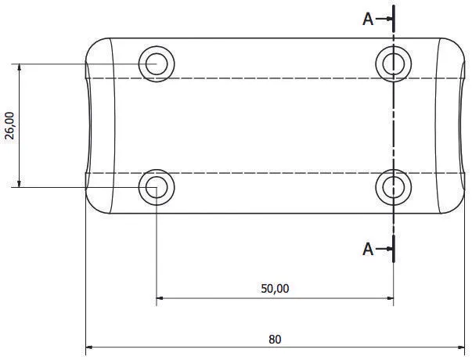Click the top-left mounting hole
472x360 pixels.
tap(157, 63)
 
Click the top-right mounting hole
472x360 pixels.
tap(393, 63)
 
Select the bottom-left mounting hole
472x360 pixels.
tap(157, 187)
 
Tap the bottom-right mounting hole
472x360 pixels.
tap(393, 187)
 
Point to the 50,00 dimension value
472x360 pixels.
tap(275, 288)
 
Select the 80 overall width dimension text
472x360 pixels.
tap(275, 339)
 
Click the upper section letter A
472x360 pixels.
tap(368, 20)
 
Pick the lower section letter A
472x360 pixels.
tap(368, 250)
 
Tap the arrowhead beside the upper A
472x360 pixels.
tap(387, 20)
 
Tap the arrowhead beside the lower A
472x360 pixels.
tap(387, 250)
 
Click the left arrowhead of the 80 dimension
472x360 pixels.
tap(89, 347)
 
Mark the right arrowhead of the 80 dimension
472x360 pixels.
tap(463, 347)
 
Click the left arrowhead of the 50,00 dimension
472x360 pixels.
tap(161, 297)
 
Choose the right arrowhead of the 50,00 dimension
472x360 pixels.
tap(388, 297)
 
